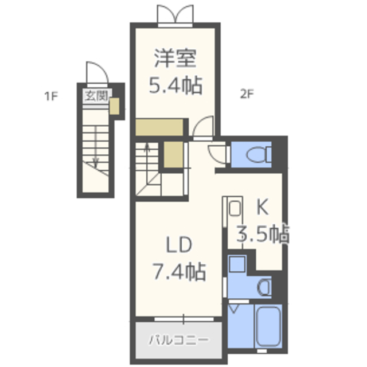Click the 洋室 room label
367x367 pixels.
(175, 58)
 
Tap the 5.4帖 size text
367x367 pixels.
(175, 85)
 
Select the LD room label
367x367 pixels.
(179, 245)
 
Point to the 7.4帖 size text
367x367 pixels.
(179, 271)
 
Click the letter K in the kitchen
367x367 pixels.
(263, 207)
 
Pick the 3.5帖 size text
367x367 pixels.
(263, 234)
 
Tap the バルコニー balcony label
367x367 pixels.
(179, 340)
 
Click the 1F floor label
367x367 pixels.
(51, 96)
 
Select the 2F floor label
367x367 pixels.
(247, 94)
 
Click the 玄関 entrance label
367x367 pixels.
(96, 96)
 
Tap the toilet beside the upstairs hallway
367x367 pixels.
(259, 154)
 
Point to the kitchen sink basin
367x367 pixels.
(235, 208)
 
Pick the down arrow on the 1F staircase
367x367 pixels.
(96, 147)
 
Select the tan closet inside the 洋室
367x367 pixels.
(159, 127)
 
